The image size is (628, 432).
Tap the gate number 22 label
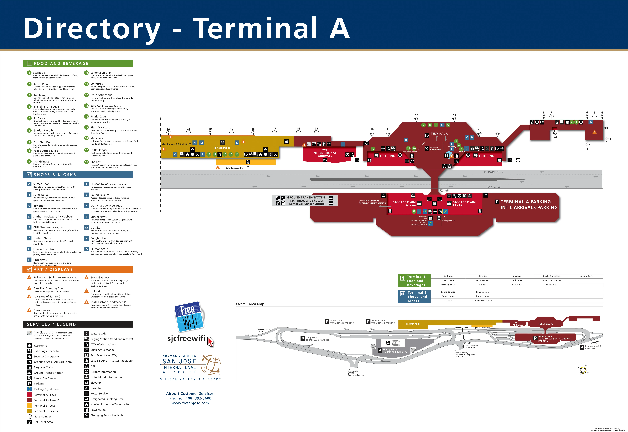tap(168, 129)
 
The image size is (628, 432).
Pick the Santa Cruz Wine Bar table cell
tap(551, 280)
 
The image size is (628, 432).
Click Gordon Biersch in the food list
tap(43, 130)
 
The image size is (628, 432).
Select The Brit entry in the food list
tap(95, 162)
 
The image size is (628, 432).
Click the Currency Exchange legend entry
tap(102, 350)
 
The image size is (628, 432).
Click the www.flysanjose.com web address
tap(190, 403)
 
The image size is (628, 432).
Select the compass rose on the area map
tap(582, 370)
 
